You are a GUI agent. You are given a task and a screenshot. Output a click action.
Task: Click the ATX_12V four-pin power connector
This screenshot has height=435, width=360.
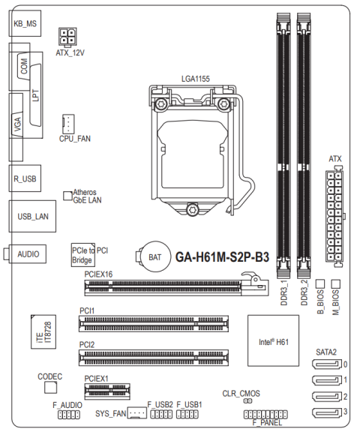coord(67,36)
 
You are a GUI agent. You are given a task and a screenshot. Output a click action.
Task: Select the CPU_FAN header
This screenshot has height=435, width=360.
coord(68,124)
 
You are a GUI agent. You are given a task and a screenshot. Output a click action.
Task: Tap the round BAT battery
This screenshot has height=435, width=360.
coord(155,256)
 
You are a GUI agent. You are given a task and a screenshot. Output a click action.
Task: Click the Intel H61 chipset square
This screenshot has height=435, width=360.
coord(273,340)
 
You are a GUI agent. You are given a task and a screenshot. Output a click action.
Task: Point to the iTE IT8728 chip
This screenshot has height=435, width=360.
coord(43,331)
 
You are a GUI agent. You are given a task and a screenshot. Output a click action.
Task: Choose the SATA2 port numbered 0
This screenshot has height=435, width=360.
coord(327,364)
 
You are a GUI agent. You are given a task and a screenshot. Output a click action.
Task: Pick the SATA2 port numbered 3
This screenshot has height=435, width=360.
coord(327,412)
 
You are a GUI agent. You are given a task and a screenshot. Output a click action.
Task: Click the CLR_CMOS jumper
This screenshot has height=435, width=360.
coord(247,401)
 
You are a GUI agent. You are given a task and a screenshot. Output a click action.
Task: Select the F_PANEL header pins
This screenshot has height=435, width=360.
coord(265,415)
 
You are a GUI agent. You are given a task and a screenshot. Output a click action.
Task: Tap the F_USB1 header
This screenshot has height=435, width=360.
coord(187,414)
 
